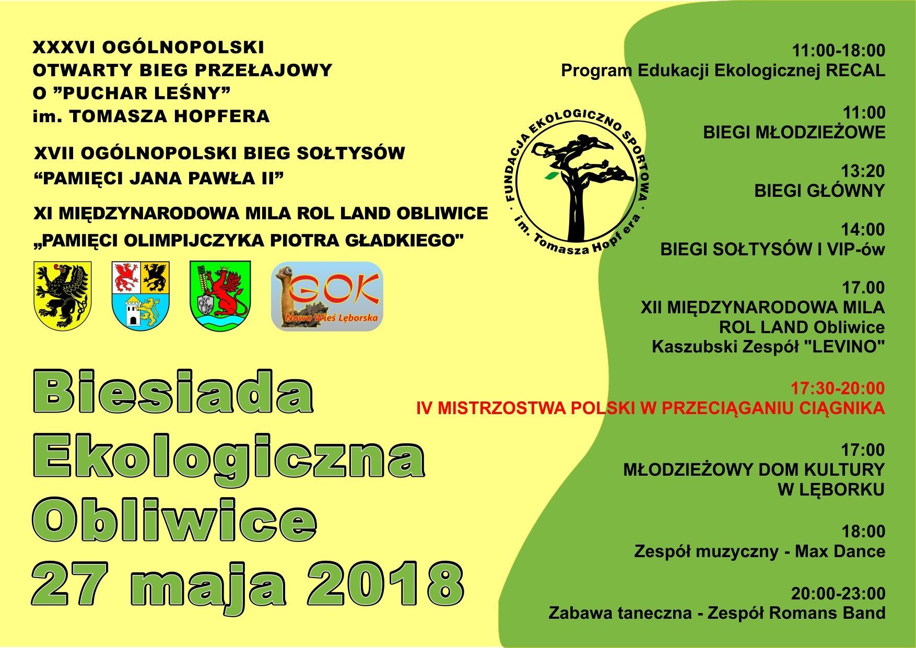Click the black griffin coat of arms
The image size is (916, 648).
coord(62,296)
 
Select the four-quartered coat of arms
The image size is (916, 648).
coord(140,294)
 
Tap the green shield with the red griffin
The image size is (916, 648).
coord(220,296)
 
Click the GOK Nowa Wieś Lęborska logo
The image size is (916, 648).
coord(327,296)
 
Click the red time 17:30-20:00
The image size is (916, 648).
coord(838,388)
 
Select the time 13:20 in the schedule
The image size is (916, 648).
coord(863,171)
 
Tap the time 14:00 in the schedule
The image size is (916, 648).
coord(863,230)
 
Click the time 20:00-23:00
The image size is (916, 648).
coord(838,594)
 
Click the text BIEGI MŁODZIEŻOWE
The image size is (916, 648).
coord(794,132)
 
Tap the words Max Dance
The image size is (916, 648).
coord(840,551)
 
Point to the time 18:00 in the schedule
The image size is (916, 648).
coord(863,532)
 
